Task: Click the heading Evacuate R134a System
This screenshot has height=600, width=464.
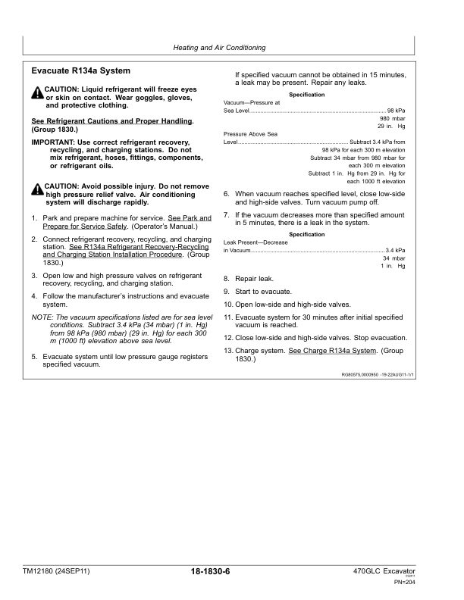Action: pos(80,71)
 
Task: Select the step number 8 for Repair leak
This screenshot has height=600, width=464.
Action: pos(227,279)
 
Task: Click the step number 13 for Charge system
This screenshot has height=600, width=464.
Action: pos(227,351)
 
